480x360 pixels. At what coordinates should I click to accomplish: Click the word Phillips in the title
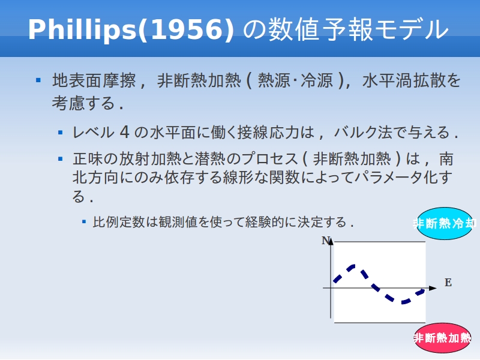tap(83, 29)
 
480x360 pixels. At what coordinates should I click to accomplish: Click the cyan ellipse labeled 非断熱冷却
tap(445, 223)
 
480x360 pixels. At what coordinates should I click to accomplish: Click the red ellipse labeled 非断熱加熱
tap(442, 338)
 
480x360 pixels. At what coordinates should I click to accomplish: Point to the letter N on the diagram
tap(326, 241)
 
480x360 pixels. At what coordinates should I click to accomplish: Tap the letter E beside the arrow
tap(448, 283)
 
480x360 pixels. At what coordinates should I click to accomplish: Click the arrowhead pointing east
tap(433, 288)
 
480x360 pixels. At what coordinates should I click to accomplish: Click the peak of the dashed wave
tap(353, 266)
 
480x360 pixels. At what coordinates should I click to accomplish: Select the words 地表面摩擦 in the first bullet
tap(94, 81)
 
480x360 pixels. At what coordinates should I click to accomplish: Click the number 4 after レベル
tap(124, 132)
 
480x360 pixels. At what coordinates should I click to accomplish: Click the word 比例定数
tap(119, 222)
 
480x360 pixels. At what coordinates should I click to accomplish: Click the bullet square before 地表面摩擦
tap(38, 80)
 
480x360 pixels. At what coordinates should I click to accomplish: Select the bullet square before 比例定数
tap(84, 221)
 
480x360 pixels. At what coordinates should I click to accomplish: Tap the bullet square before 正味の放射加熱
tap(61, 158)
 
